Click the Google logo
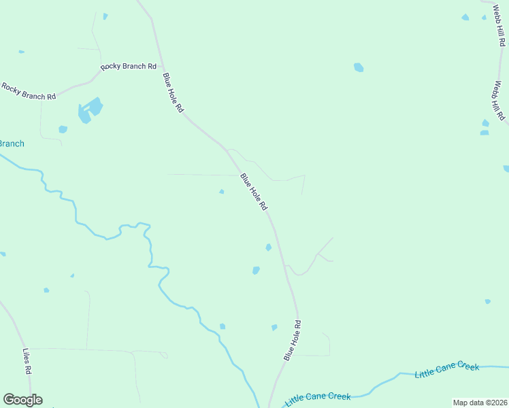[x=22, y=400]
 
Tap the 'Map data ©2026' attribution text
[x=480, y=403]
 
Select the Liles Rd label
[x=27, y=362]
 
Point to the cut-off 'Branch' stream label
[x=12, y=143]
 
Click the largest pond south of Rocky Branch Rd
[x=90, y=110]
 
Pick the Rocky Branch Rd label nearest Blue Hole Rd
[x=129, y=67]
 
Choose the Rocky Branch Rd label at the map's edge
[x=28, y=91]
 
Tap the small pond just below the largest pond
[x=63, y=129]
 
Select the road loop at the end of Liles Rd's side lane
[x=163, y=355]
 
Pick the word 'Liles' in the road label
[x=26, y=356]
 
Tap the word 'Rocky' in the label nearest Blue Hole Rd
[x=110, y=67]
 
